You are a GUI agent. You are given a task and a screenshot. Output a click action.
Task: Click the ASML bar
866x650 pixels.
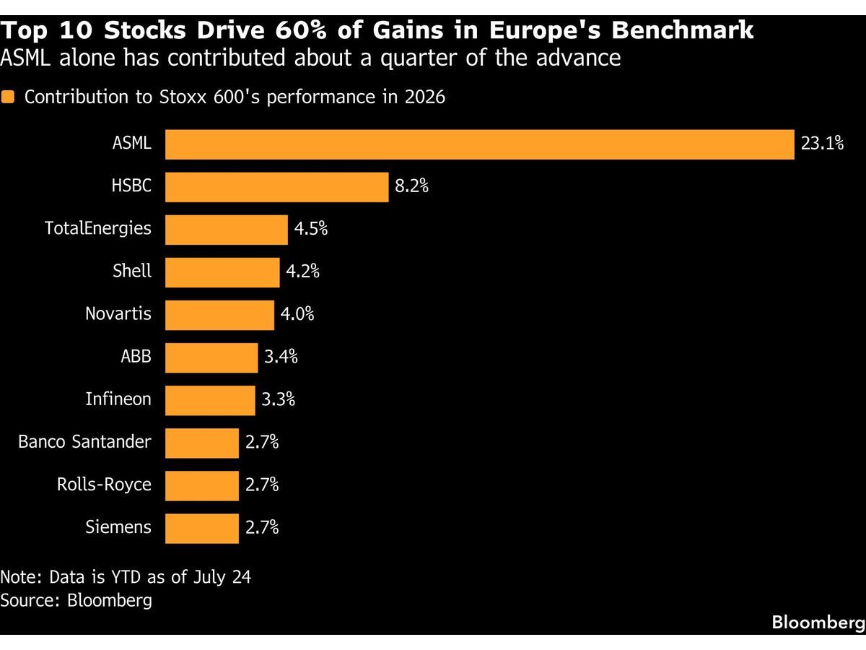(x=480, y=144)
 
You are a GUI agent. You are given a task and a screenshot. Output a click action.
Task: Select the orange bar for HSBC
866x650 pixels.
(x=277, y=187)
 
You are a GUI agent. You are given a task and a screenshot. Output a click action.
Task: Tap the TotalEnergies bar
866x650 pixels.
(x=227, y=230)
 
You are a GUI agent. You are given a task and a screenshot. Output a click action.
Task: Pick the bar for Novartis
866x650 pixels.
(x=220, y=315)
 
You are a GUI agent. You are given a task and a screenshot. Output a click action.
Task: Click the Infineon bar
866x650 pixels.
(x=210, y=400)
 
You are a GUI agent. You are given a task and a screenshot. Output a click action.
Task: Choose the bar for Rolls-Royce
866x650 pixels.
(x=202, y=485)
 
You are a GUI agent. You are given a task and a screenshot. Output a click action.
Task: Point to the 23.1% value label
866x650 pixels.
(x=822, y=143)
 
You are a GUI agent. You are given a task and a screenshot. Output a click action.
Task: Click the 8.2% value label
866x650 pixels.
(x=411, y=186)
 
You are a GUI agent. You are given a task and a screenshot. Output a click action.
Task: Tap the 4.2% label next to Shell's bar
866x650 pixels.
(x=302, y=271)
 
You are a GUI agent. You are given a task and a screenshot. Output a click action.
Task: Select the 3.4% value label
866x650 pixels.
(x=281, y=356)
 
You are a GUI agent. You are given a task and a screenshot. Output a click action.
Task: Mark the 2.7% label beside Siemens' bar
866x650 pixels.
(x=262, y=527)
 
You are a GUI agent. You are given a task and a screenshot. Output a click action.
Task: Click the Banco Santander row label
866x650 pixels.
(x=85, y=441)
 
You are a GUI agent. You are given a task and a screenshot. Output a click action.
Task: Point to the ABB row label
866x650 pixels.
(x=136, y=356)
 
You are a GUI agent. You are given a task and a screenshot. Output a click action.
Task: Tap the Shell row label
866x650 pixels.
(x=132, y=271)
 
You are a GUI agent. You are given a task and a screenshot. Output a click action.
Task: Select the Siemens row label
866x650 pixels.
(x=118, y=527)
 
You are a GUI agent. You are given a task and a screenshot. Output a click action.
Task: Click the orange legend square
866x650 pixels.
(x=7, y=97)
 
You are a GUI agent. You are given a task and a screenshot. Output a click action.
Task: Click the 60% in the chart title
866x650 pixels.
(x=301, y=30)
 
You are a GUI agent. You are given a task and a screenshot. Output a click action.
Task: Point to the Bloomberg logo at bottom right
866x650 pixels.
(x=818, y=623)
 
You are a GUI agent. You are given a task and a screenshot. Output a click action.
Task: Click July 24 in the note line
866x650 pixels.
(x=222, y=577)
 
